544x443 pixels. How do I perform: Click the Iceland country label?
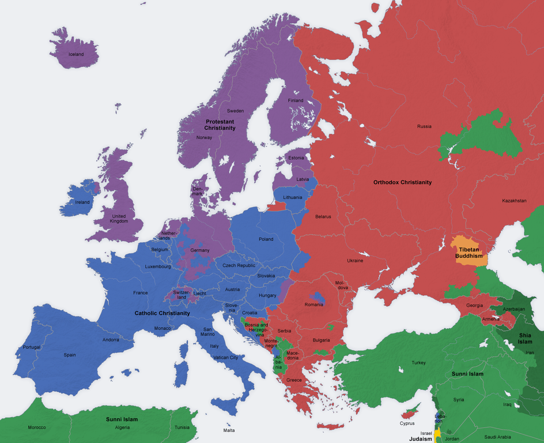[76, 55]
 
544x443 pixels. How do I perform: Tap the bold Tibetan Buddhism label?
[469, 252]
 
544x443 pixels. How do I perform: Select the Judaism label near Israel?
[421, 439]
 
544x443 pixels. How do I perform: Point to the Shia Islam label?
[524, 338]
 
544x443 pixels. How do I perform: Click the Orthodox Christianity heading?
[402, 182]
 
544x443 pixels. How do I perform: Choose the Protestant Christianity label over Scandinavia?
[220, 125]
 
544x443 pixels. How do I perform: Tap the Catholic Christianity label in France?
[162, 313]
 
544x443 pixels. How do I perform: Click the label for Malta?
[229, 430]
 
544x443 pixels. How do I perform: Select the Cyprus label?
[407, 423]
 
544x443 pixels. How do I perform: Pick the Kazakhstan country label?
[514, 201]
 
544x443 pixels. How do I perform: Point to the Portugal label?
[32, 347]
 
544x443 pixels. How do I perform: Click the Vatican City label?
[225, 358]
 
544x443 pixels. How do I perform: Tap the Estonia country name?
[296, 158]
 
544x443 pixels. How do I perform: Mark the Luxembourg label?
[157, 266]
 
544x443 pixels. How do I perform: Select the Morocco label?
[36, 427]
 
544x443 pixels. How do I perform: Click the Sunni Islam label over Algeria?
[122, 419]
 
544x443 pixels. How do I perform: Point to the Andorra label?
[110, 340]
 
